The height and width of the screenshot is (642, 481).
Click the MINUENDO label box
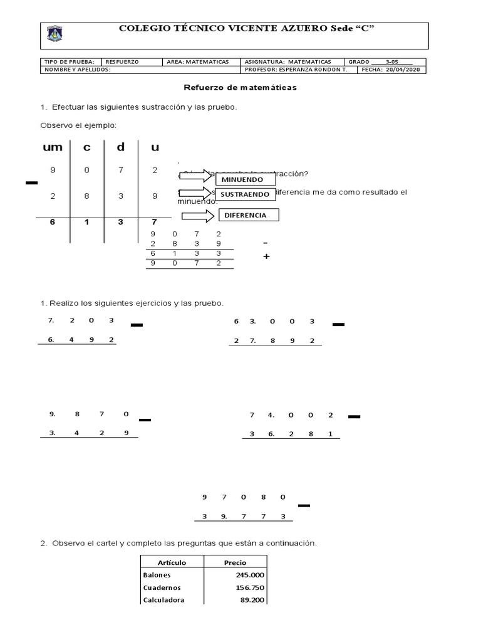tap(246, 181)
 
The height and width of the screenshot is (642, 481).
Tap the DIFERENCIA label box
tap(248, 215)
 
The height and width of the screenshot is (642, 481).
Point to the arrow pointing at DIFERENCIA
tap(198, 215)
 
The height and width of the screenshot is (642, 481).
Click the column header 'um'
tap(49, 147)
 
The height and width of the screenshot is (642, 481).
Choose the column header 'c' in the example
tap(87, 147)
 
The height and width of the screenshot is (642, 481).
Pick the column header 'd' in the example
tap(121, 147)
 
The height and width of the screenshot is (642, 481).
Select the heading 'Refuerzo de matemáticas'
tap(240, 88)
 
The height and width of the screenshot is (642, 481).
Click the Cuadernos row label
tap(162, 587)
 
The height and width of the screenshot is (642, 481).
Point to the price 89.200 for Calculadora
tap(252, 600)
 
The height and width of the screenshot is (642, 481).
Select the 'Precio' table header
tap(235, 562)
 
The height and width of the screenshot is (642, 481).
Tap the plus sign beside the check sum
tap(266, 256)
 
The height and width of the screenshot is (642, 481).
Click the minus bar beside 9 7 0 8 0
tap(304, 505)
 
